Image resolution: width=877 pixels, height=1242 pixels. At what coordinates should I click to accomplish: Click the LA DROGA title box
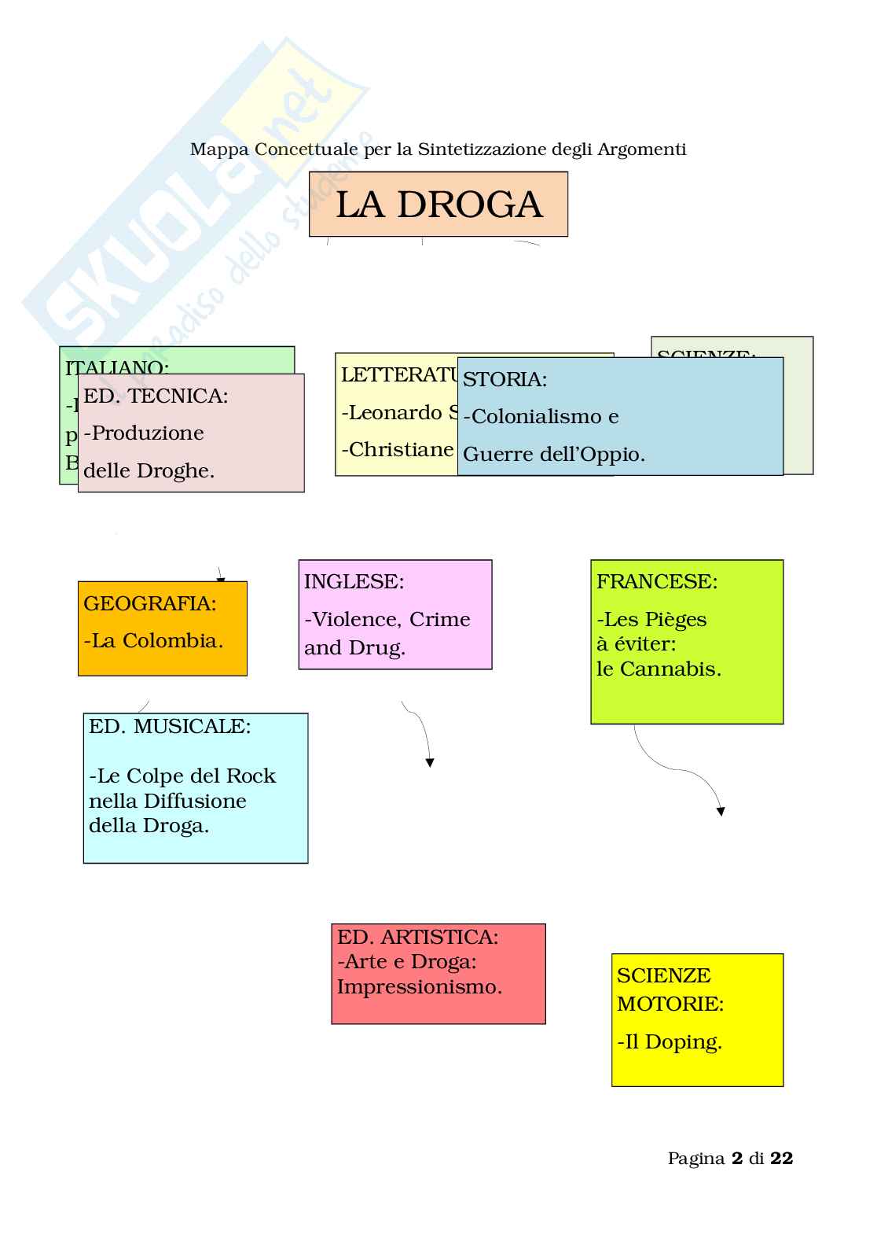(438, 205)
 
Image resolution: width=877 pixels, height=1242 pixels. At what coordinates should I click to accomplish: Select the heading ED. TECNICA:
(156, 396)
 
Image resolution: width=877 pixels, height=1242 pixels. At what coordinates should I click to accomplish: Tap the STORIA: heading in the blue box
(505, 380)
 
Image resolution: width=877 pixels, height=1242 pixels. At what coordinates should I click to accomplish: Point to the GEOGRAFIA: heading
(149, 604)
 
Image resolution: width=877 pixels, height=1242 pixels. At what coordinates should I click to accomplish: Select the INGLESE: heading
(354, 582)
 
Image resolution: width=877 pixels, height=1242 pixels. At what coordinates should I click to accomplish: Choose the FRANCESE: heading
(656, 582)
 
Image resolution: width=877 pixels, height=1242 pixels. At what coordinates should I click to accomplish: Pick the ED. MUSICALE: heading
(170, 727)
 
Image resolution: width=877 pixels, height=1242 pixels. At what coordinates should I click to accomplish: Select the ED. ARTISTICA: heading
(417, 938)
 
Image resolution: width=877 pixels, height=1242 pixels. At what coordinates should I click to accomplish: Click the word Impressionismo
(420, 987)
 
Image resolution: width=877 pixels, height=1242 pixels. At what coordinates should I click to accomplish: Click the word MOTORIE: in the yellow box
(670, 1004)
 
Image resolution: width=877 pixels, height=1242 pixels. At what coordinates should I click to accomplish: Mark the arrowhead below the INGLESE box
(430, 762)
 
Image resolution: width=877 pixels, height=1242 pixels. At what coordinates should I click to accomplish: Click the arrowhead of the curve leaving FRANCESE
(721, 811)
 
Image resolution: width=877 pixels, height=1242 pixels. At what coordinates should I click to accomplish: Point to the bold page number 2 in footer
(736, 1159)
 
